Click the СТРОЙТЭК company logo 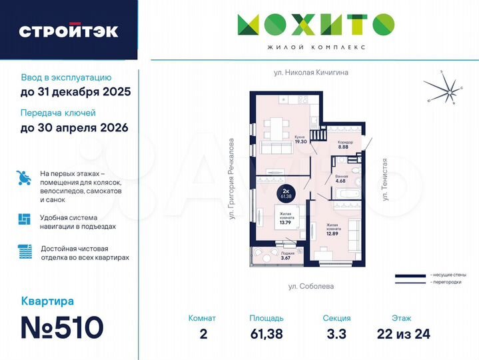(x=69, y=31)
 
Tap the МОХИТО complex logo (x=316, y=25)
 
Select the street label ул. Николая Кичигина (x=311, y=72)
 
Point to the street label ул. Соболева (x=311, y=286)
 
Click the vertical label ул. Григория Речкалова (x=232, y=179)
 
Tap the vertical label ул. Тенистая (x=384, y=179)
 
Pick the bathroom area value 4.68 (x=340, y=181)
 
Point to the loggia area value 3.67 (x=286, y=257)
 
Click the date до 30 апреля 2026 (x=74, y=127)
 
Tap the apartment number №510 (x=63, y=327)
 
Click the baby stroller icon (x=24, y=178)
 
